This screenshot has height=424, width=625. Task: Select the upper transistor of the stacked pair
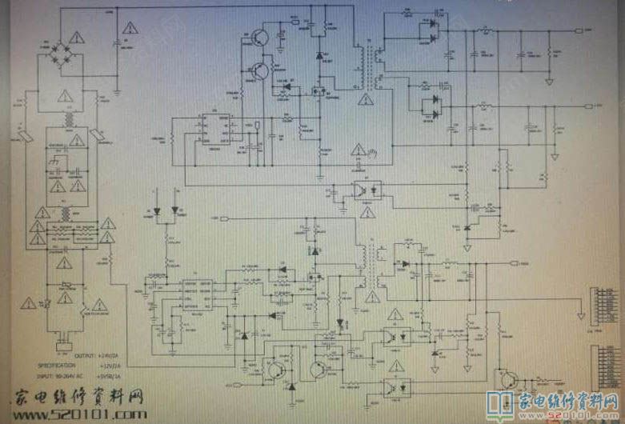point(259,38)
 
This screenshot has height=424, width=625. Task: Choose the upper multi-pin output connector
point(595,307)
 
